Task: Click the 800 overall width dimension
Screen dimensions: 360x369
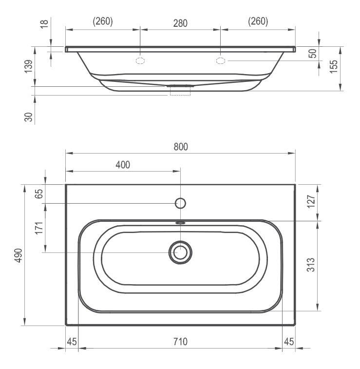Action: [181, 147]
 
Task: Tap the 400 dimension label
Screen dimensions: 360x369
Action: [123, 165]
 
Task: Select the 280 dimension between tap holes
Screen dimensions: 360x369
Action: [180, 23]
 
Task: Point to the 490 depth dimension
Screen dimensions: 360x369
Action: [19, 255]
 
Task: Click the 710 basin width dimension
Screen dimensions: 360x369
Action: [180, 342]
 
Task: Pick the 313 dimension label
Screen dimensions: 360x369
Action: [311, 265]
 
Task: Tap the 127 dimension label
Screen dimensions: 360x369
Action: [311, 201]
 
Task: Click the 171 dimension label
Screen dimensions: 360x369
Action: [39, 228]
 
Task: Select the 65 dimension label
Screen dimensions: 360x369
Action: [39, 194]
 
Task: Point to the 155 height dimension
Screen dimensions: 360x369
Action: [334, 67]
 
